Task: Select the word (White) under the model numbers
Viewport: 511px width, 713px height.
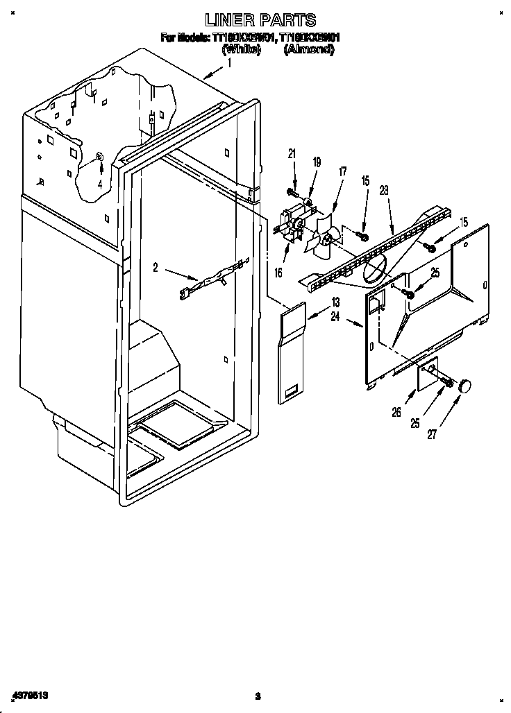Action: [x=241, y=50]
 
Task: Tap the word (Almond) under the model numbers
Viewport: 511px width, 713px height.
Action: [x=308, y=50]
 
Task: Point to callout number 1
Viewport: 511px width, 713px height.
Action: [x=229, y=62]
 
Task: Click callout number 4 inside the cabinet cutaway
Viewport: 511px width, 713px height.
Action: [x=100, y=184]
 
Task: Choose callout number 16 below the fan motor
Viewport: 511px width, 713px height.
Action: [x=278, y=273]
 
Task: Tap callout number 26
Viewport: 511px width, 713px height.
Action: [x=396, y=413]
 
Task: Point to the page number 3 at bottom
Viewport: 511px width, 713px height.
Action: [x=257, y=696]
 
